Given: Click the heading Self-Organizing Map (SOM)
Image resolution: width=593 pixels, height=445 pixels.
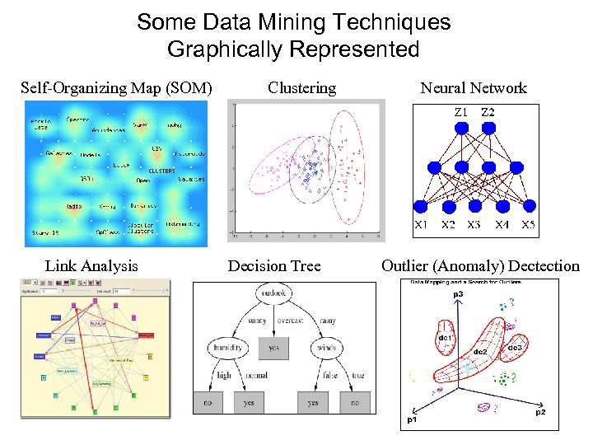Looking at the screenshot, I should (x=116, y=87).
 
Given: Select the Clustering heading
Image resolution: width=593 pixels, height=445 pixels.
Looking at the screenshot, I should (x=301, y=87).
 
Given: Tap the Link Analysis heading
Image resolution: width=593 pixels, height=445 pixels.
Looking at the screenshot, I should (x=91, y=265).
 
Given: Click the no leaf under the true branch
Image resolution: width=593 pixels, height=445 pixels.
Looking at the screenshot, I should (x=354, y=403).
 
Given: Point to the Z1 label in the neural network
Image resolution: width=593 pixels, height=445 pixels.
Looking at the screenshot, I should (x=461, y=112).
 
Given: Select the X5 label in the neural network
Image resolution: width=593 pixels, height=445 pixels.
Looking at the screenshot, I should (x=528, y=224).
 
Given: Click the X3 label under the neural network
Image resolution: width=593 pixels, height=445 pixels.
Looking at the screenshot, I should (x=474, y=224).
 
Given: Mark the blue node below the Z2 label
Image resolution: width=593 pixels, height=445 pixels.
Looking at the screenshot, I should (x=488, y=128).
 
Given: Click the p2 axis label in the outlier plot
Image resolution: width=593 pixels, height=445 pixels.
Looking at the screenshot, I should (x=539, y=411).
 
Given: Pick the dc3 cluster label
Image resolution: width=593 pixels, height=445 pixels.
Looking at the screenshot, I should (x=515, y=348).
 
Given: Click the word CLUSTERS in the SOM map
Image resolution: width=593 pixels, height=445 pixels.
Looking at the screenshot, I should (x=161, y=170).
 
